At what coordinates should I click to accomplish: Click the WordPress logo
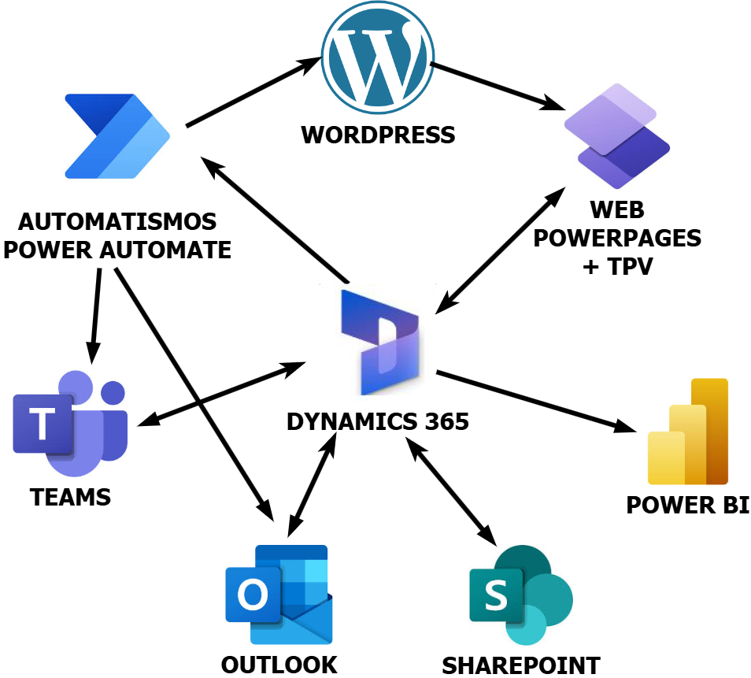click(x=379, y=58)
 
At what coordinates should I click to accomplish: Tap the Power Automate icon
click(x=117, y=136)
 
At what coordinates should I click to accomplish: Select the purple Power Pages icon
click(x=616, y=135)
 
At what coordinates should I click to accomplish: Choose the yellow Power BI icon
click(x=687, y=432)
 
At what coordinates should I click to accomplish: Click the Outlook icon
click(x=278, y=594)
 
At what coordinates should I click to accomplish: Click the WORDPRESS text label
click(x=379, y=135)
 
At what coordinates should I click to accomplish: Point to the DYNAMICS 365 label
click(x=378, y=422)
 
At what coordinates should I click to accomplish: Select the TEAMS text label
click(x=71, y=498)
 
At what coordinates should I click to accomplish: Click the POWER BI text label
click(x=687, y=505)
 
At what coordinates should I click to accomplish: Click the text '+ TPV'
click(x=617, y=266)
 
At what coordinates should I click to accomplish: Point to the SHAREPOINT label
click(x=520, y=665)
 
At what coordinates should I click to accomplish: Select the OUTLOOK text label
click(x=279, y=665)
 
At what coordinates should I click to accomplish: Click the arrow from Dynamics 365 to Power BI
click(x=535, y=401)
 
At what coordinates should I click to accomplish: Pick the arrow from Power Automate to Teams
click(x=96, y=315)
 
